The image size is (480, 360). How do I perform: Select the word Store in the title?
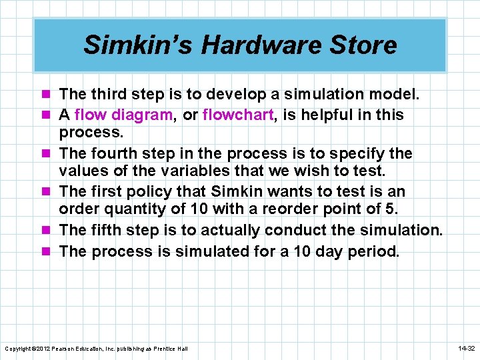point(368,45)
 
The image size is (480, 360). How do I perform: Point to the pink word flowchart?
point(238,115)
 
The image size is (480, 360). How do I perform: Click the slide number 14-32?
point(466,349)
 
